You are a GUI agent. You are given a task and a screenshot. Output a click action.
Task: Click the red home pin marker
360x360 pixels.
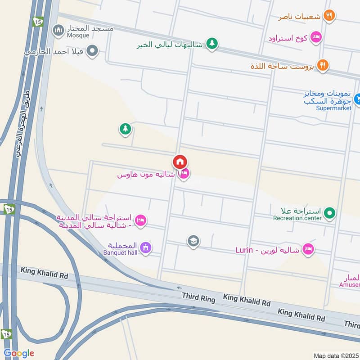(x=180, y=162)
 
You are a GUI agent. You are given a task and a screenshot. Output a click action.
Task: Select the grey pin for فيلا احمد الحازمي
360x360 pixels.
(x=92, y=51)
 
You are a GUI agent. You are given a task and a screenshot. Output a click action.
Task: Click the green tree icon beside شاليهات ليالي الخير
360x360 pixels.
(x=212, y=44)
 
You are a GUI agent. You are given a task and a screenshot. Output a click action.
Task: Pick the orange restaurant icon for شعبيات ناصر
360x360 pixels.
(x=329, y=16)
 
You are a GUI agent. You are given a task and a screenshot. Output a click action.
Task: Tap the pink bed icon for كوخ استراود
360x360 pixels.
(x=316, y=37)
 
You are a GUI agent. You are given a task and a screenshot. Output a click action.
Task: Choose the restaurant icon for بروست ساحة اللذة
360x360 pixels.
(x=322, y=66)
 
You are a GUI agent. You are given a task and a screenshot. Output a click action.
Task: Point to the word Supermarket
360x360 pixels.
(x=333, y=108)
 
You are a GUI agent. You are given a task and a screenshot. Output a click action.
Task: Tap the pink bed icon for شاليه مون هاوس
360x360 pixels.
(x=184, y=174)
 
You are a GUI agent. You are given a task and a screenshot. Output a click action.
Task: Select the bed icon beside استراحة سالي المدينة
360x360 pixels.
(x=140, y=220)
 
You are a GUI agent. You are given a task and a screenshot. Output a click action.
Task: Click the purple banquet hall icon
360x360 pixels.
(x=145, y=247)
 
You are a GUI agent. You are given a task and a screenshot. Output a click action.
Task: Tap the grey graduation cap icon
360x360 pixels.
(x=193, y=241)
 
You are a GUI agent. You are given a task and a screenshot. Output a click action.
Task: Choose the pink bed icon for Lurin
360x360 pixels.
(x=308, y=249)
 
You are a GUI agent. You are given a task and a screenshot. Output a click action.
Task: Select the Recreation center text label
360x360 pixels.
(x=297, y=218)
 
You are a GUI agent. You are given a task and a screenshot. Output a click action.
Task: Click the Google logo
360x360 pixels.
(x=18, y=353)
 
